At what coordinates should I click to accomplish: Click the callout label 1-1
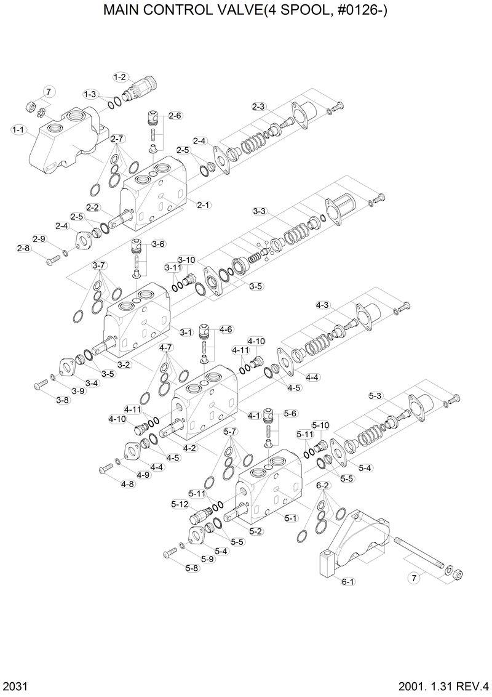click(x=18, y=130)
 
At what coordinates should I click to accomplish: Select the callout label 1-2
click(x=119, y=77)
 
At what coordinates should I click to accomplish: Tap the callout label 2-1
click(x=204, y=204)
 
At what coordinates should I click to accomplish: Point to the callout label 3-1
click(x=186, y=332)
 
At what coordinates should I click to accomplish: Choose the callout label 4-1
click(x=253, y=416)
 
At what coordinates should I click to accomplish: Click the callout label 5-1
click(x=291, y=518)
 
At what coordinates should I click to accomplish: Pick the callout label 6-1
click(x=347, y=581)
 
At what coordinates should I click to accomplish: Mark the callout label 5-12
click(x=180, y=504)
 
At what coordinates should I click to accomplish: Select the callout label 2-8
click(x=23, y=248)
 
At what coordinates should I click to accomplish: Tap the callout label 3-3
click(x=260, y=211)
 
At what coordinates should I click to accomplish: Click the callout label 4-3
click(x=322, y=305)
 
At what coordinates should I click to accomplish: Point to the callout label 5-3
click(x=375, y=395)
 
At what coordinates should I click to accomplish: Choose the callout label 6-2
click(x=323, y=485)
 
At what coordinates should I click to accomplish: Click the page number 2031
click(x=14, y=686)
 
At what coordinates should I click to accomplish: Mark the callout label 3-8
click(x=63, y=400)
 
